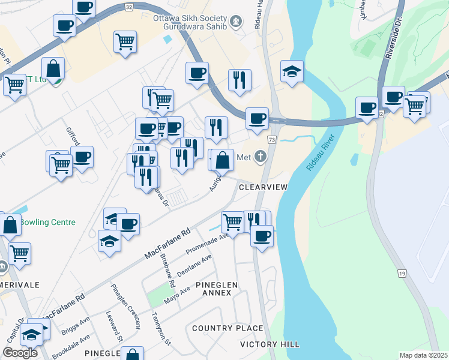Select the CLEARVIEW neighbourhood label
[264, 187]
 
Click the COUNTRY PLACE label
[228, 328]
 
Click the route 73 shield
[272, 139]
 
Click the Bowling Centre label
[47, 222]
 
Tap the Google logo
[20, 353]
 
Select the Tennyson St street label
[162, 329]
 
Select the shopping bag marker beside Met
[222, 161]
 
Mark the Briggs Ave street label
[75, 325]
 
